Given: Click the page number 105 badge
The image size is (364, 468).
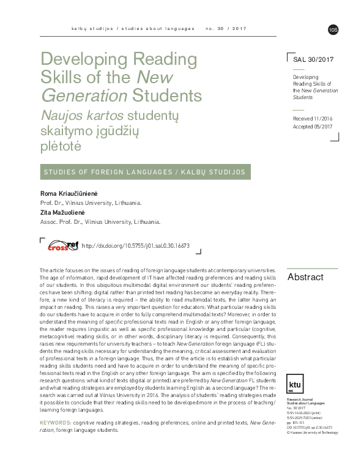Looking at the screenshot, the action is [x=333, y=29].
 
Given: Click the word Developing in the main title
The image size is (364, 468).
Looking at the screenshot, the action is [x=81, y=61].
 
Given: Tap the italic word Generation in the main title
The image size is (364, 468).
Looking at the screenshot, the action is [x=83, y=96].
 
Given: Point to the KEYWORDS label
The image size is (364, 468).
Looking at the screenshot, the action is [x=55, y=423].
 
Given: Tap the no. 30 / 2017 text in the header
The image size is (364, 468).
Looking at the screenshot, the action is [x=228, y=29].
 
